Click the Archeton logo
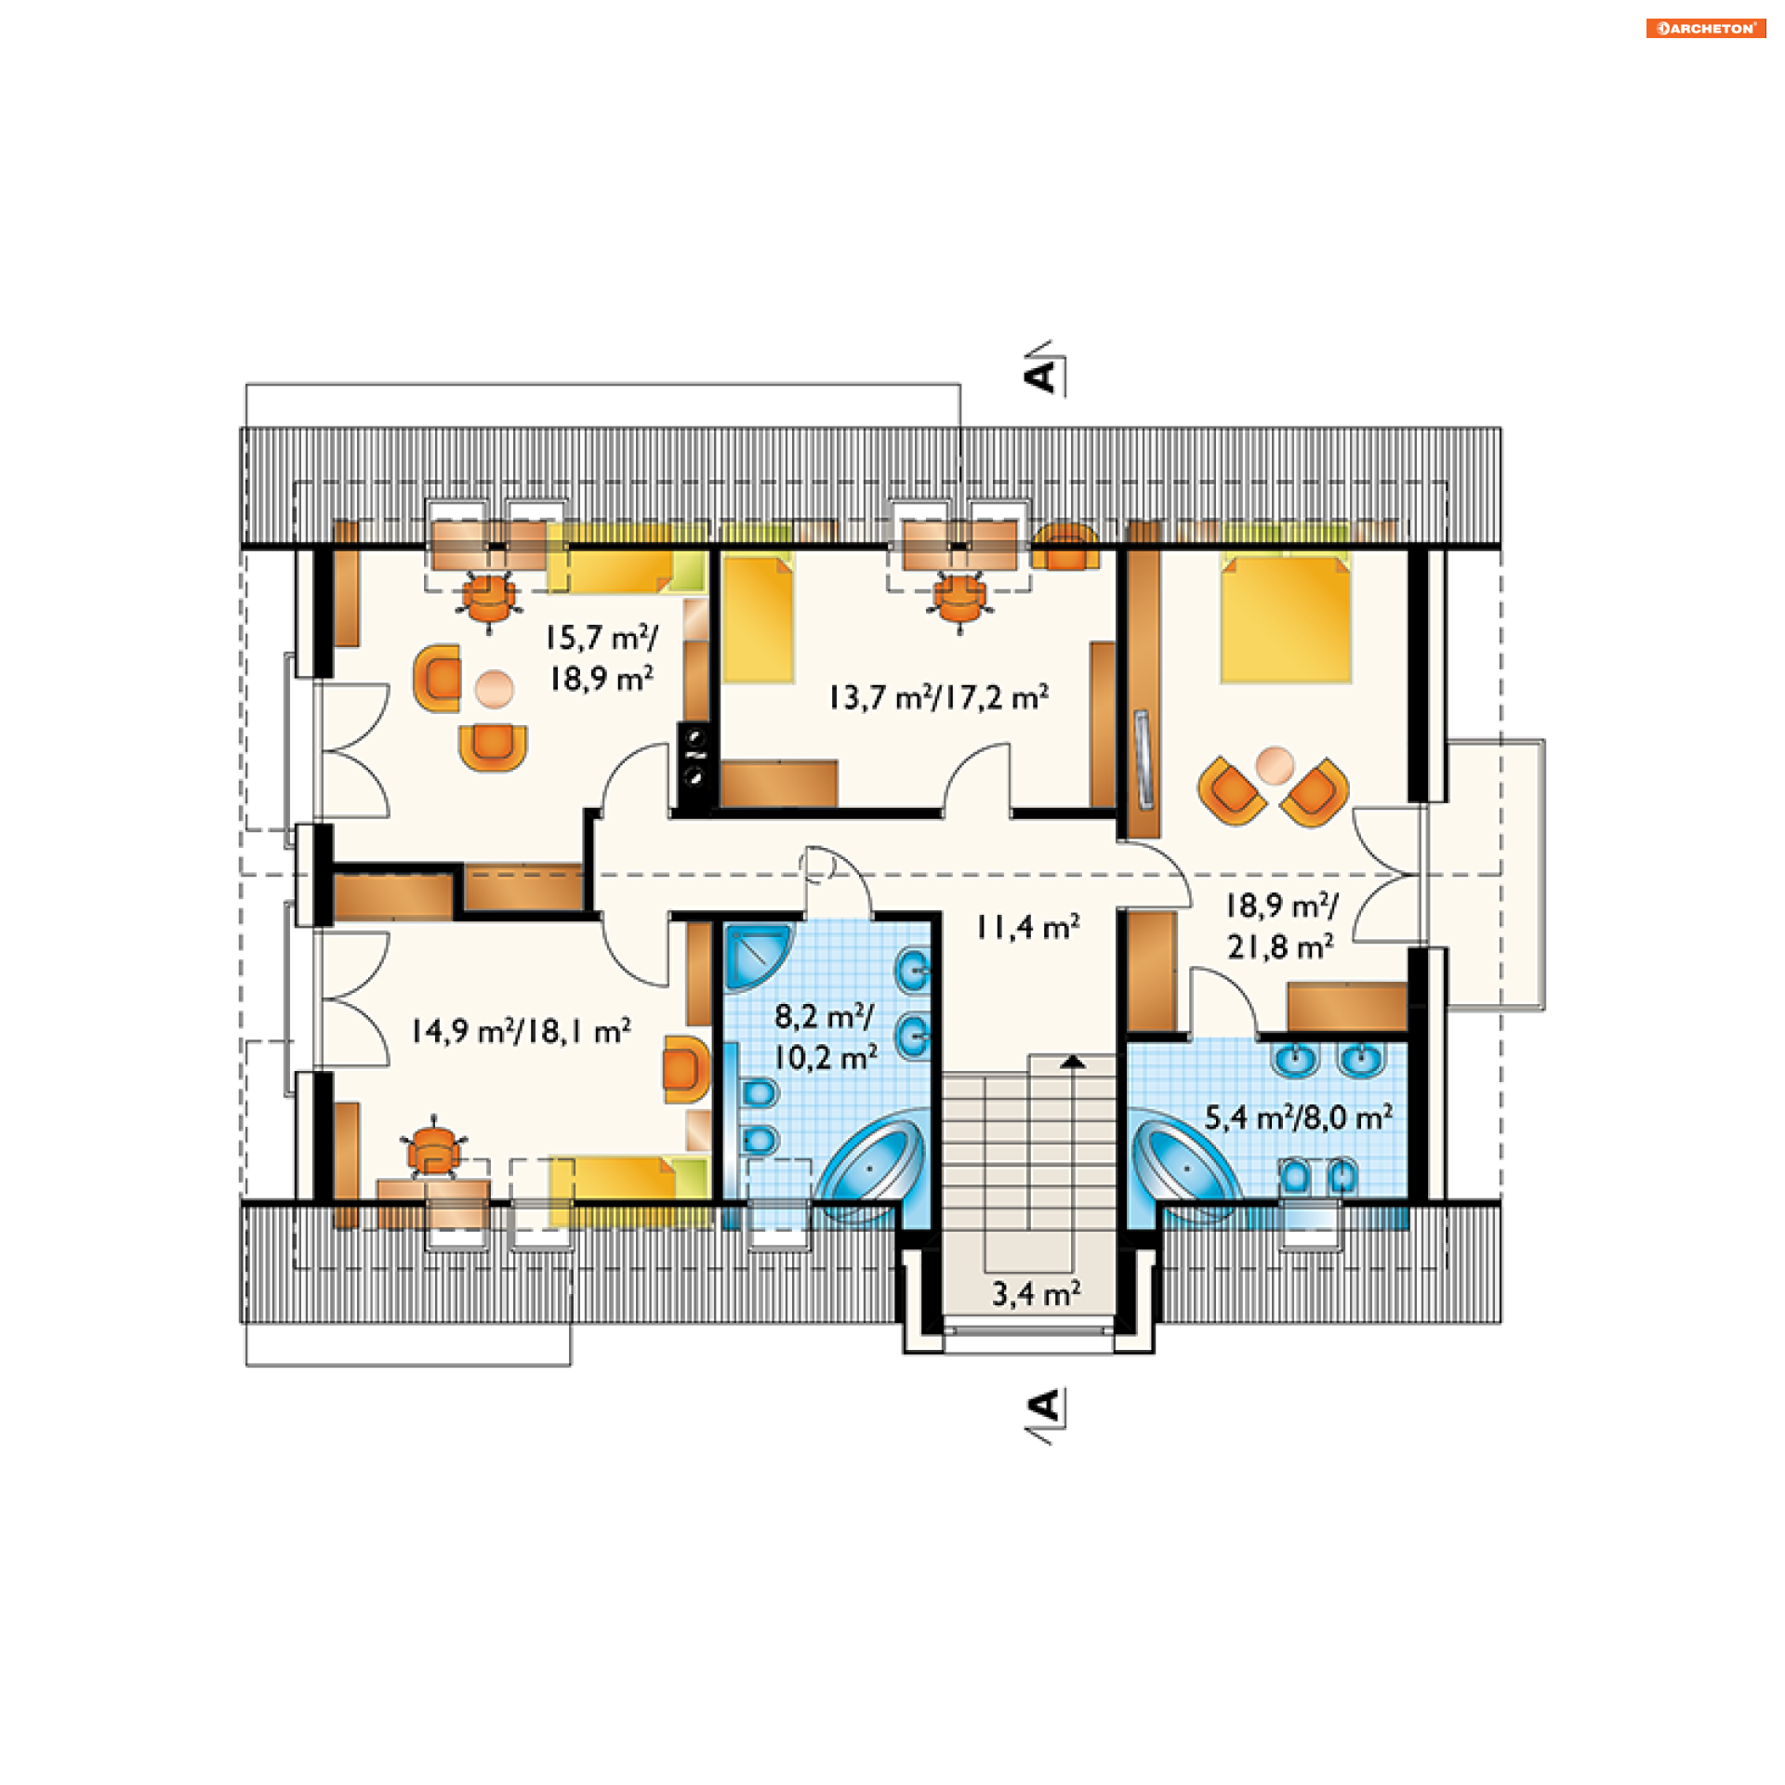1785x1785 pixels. [1705, 28]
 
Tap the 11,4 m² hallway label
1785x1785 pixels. [1027, 927]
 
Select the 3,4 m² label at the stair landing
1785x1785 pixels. [1036, 1293]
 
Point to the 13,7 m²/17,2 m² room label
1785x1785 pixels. [939, 697]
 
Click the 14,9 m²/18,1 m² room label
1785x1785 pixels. [522, 1031]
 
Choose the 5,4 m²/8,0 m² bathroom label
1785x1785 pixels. [1299, 1117]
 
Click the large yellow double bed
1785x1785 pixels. [1286, 617]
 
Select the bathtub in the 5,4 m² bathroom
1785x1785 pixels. [1186, 1166]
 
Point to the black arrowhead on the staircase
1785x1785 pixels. [1073, 1060]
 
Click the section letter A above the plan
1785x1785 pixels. [1041, 376]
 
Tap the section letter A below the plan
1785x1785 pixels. [1043, 1406]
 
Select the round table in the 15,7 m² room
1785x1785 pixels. [494, 689]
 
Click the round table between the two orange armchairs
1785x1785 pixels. [1274, 765]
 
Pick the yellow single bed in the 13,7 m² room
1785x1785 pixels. [758, 618]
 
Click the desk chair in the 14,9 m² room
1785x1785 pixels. [433, 1150]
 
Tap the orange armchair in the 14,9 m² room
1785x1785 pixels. [686, 1069]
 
